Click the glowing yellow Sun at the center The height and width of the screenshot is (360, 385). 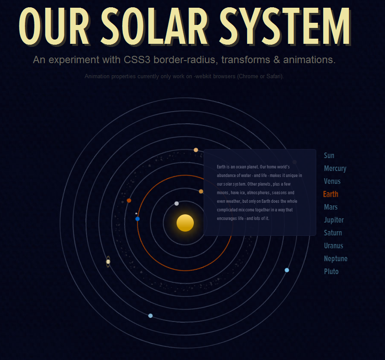click(185, 223)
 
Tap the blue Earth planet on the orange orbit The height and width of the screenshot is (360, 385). click(137, 219)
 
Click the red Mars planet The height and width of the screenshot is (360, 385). click(129, 201)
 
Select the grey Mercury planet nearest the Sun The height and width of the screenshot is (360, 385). click(177, 203)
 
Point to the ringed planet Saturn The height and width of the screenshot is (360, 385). click(108, 262)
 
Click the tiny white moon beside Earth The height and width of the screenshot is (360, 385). click(136, 214)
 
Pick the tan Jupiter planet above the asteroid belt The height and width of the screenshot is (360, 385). click(196, 150)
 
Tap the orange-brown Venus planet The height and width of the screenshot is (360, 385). click(201, 191)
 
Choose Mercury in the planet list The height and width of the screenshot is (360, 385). click(335, 168)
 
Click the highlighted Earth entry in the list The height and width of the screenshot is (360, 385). click(331, 194)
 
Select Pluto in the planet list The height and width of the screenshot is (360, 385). click(331, 272)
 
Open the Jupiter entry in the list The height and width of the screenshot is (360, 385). click(334, 220)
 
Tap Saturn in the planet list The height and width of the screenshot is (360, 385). click(333, 233)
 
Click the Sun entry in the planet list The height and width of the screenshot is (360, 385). click(329, 156)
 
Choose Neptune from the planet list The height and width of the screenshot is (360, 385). click(336, 259)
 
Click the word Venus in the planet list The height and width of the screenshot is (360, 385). click(332, 181)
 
